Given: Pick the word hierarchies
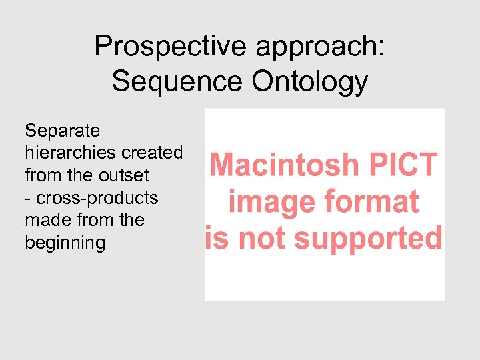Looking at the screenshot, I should pos(70,153).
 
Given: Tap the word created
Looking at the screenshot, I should pos(151,153).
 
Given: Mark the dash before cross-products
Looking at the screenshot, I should pos(28,199).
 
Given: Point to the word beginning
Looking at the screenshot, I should pos(65,243).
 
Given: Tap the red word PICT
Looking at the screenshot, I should pos(408,165).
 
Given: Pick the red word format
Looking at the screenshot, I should pos(371,202).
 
